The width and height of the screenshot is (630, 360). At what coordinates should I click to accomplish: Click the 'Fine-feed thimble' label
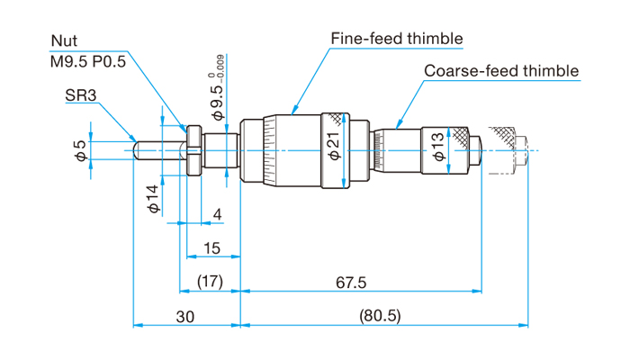pyautogui.click(x=397, y=39)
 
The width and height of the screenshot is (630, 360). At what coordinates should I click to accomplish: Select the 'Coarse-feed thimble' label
pyautogui.click(x=501, y=71)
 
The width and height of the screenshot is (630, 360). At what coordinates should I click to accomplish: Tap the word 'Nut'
pyautogui.click(x=64, y=40)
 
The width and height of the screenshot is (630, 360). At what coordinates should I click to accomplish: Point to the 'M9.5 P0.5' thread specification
pyautogui.click(x=88, y=61)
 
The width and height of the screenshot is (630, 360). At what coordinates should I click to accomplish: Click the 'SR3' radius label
pyautogui.click(x=81, y=95)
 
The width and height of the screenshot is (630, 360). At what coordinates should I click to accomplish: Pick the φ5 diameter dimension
pyautogui.click(x=81, y=150)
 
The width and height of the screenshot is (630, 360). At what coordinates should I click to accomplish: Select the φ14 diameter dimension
pyautogui.click(x=154, y=199)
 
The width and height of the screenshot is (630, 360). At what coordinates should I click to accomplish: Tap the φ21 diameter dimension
pyautogui.click(x=334, y=146)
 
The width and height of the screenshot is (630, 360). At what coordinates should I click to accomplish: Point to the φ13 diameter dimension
pyautogui.click(x=438, y=147)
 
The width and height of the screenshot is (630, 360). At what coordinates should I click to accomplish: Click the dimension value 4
pyautogui.click(x=218, y=214)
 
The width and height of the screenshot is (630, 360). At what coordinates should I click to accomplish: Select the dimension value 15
pyautogui.click(x=211, y=248)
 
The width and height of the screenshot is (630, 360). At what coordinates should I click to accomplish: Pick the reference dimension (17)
pyautogui.click(x=210, y=282)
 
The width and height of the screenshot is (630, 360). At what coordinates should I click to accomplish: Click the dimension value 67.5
pyautogui.click(x=351, y=283)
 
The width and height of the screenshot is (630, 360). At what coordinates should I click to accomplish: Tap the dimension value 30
pyautogui.click(x=185, y=317)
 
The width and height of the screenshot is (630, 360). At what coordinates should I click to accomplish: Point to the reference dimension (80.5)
pyautogui.click(x=380, y=316)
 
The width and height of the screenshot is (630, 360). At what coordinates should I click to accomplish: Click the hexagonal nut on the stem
pyautogui.click(x=194, y=150)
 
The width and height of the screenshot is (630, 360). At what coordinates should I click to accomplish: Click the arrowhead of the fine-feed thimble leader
pyautogui.click(x=294, y=111)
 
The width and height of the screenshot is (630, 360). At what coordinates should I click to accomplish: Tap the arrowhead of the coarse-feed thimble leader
pyautogui.click(x=399, y=124)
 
